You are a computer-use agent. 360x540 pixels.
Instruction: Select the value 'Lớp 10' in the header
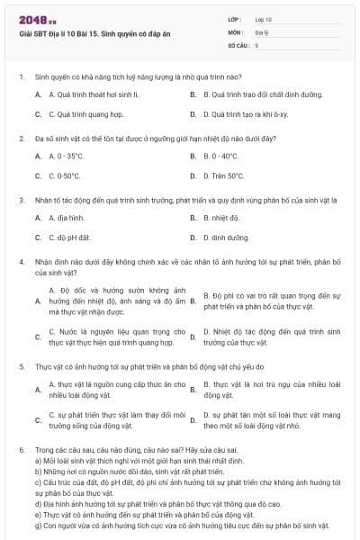coord(263,19)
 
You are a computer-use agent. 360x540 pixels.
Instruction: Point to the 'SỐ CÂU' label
coord(238,44)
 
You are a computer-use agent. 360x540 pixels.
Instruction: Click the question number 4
coord(20,262)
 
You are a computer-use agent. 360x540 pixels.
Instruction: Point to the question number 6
coord(20,448)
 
